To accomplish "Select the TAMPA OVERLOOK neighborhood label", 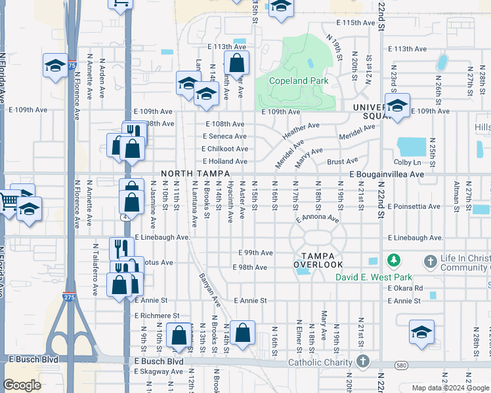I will point(318,260).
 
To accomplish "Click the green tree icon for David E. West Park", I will point(394,261).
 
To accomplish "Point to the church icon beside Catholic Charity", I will point(363,362).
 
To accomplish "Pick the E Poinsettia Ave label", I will point(414,206).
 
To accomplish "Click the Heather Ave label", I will point(301,130).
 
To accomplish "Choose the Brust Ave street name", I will point(342,161).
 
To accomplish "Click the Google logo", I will point(22,385).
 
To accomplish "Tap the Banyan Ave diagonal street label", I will point(210,289).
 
